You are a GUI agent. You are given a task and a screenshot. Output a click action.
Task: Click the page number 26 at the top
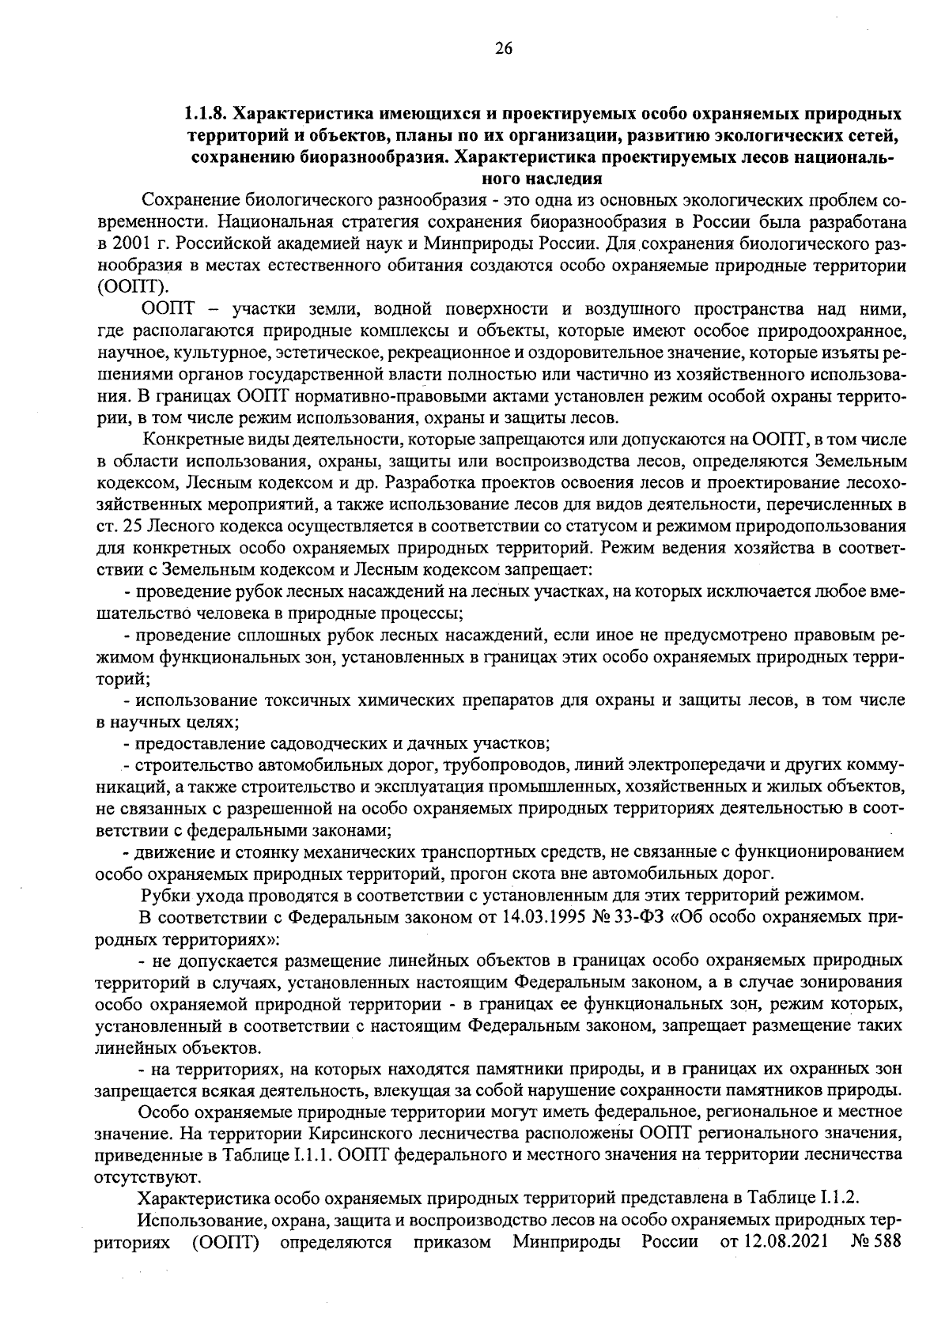coord(504,49)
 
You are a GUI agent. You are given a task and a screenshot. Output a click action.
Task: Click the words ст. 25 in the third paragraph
coord(116,526)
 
